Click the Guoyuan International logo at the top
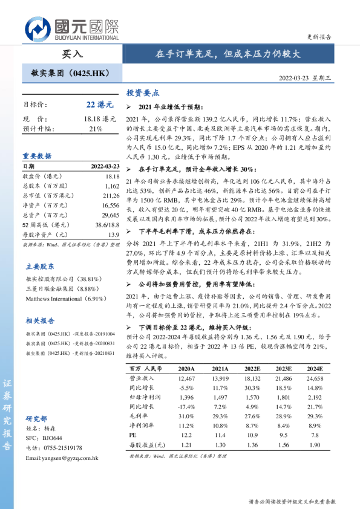click(71, 28)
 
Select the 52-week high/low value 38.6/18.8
click(107, 224)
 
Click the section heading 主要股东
click(40, 266)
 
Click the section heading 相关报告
click(40, 320)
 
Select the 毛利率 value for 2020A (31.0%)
click(186, 417)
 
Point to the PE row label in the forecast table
click(134, 435)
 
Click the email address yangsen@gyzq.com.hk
click(62, 458)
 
